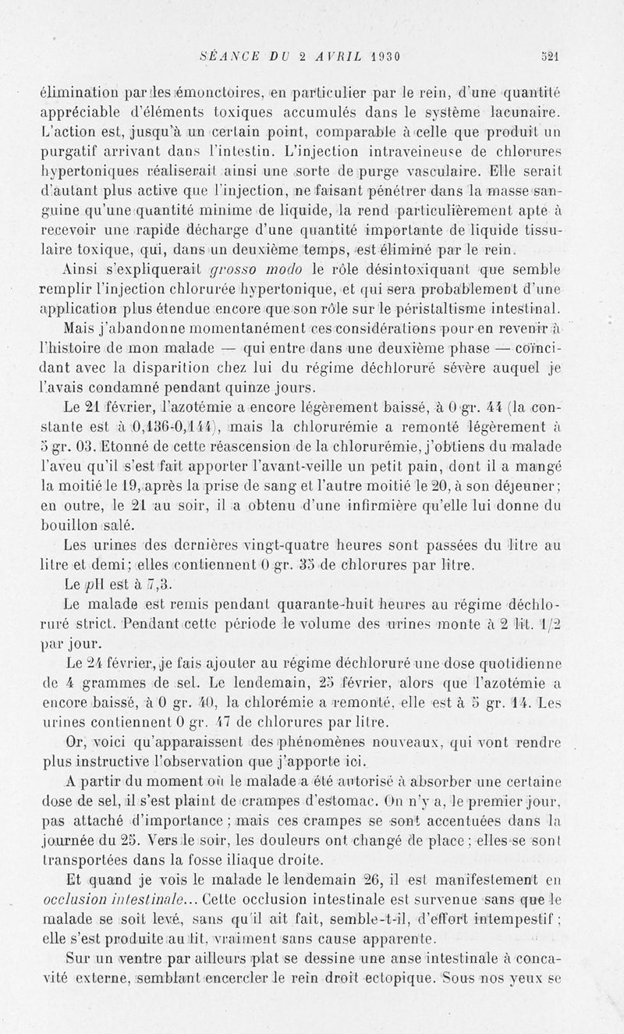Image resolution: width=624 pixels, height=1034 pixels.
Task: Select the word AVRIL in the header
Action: click(319, 55)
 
